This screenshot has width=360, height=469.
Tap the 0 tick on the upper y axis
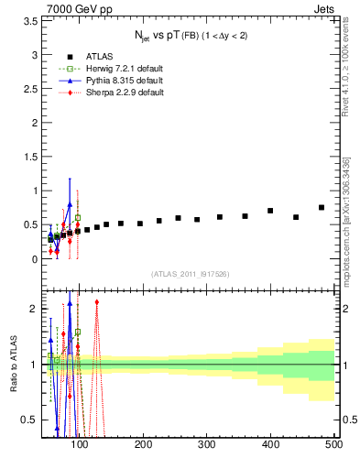click(x=35, y=259)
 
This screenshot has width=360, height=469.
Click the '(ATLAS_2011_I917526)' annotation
click(x=191, y=274)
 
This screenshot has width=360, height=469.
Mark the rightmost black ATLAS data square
click(x=322, y=207)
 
